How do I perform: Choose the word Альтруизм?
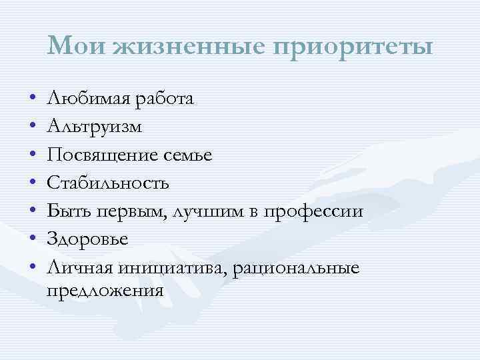click(x=95, y=127)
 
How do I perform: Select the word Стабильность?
click(x=109, y=183)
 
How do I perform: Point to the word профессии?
click(x=313, y=211)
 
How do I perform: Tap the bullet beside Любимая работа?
click(x=33, y=99)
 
